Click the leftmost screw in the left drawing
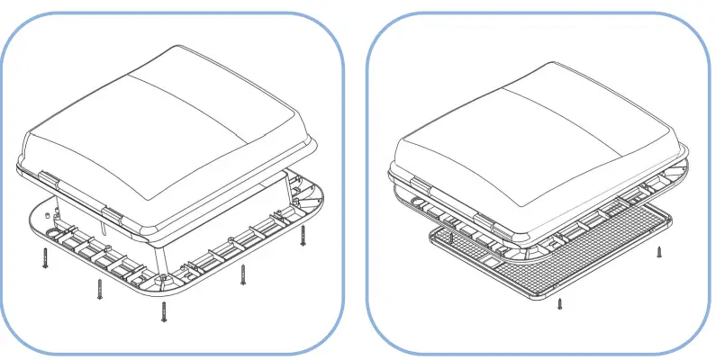click(x=43, y=258)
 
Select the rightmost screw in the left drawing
click(x=303, y=236)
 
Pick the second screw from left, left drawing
click(x=98, y=288)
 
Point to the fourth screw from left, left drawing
click(x=242, y=274)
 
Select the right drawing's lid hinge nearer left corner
click(x=416, y=185)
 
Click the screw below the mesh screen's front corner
click(x=560, y=305)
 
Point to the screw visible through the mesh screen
click(x=449, y=240)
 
